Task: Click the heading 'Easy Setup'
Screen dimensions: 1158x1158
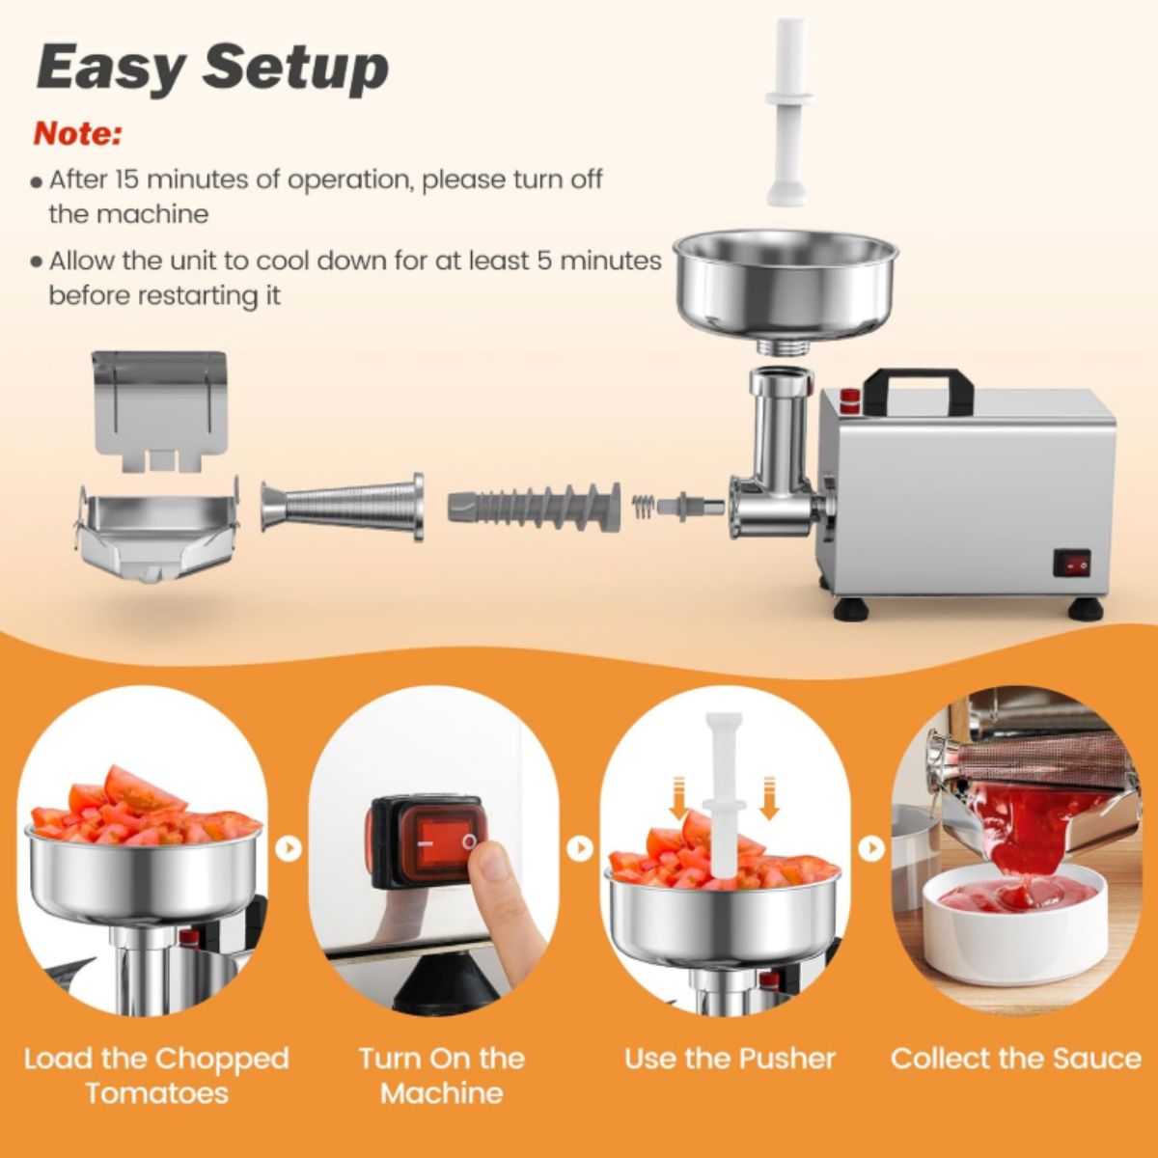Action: (212, 68)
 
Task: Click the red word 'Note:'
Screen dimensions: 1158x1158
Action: (77, 134)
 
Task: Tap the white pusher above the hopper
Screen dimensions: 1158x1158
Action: (786, 113)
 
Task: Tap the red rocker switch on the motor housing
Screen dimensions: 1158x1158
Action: (1071, 565)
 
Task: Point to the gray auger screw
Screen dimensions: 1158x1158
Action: (534, 508)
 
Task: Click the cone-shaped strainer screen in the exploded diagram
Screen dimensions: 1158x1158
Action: (342, 507)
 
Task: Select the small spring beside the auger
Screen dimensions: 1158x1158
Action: (643, 509)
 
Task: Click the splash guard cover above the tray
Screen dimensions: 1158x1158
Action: (159, 410)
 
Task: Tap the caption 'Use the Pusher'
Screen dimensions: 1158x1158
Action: (730, 1076)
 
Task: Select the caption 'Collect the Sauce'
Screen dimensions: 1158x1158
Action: (1016, 1076)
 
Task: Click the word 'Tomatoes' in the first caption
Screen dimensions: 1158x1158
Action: (157, 1110)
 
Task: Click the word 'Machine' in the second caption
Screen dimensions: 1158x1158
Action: (442, 1110)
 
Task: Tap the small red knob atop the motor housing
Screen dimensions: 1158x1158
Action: (848, 400)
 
